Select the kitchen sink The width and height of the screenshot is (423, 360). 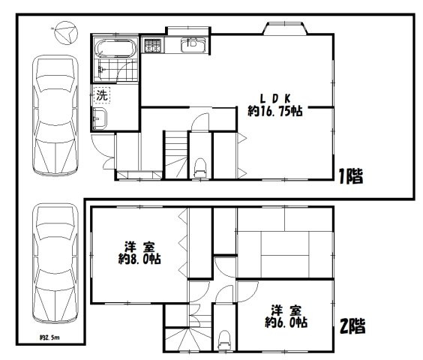(193, 43)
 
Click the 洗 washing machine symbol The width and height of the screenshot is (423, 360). (102, 95)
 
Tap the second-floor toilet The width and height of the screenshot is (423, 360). (224, 341)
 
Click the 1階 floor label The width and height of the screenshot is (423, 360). (350, 178)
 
